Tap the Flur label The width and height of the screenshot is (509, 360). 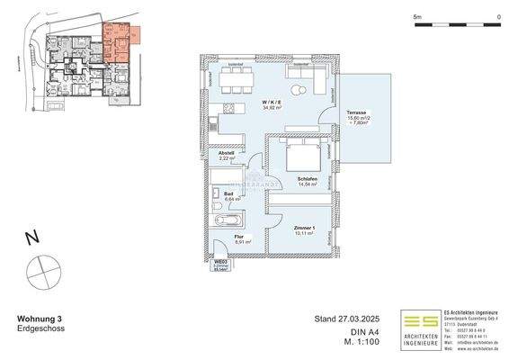(239, 238)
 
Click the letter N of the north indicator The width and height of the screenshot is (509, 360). (31, 238)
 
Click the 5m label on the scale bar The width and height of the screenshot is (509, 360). (417, 17)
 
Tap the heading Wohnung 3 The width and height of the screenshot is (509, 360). (40, 319)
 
